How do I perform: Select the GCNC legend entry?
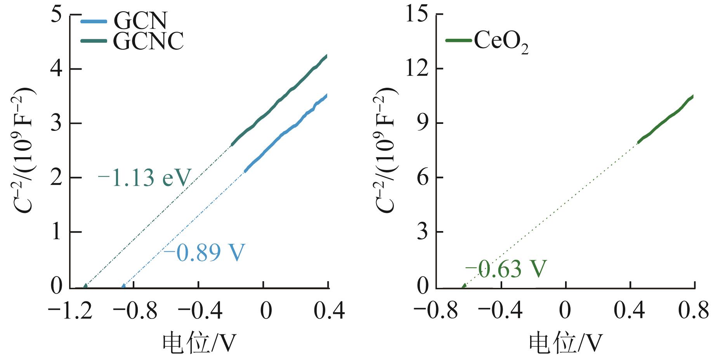(x=132, y=41)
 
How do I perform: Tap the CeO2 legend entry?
(x=487, y=41)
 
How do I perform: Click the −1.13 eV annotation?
(x=144, y=178)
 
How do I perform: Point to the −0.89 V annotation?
(x=204, y=252)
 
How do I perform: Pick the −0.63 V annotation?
(x=505, y=269)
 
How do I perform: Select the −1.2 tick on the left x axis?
(x=70, y=311)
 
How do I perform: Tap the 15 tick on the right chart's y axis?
(x=416, y=15)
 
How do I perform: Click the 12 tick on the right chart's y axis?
(x=416, y=69)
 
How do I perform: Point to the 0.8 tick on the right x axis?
(x=694, y=311)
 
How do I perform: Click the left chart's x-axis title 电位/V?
(x=199, y=343)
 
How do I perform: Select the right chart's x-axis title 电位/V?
(x=565, y=343)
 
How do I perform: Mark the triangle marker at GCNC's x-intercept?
(x=85, y=287)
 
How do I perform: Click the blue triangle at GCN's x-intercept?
(x=123, y=287)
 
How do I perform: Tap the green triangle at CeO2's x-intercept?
(x=464, y=287)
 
